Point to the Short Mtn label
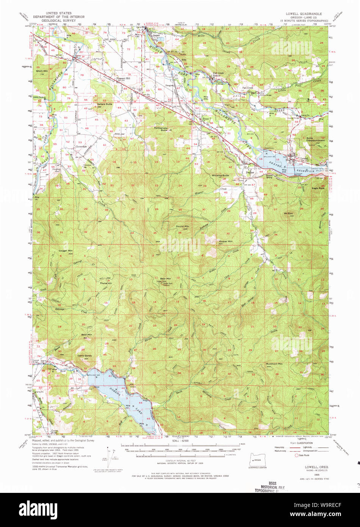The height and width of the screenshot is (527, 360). pos(42,71)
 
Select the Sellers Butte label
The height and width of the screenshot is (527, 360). pos(105,104)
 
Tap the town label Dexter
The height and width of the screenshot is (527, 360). pos(250,172)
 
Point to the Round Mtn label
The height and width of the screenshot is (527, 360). pos(182,226)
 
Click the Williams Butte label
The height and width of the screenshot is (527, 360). pos(220,176)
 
